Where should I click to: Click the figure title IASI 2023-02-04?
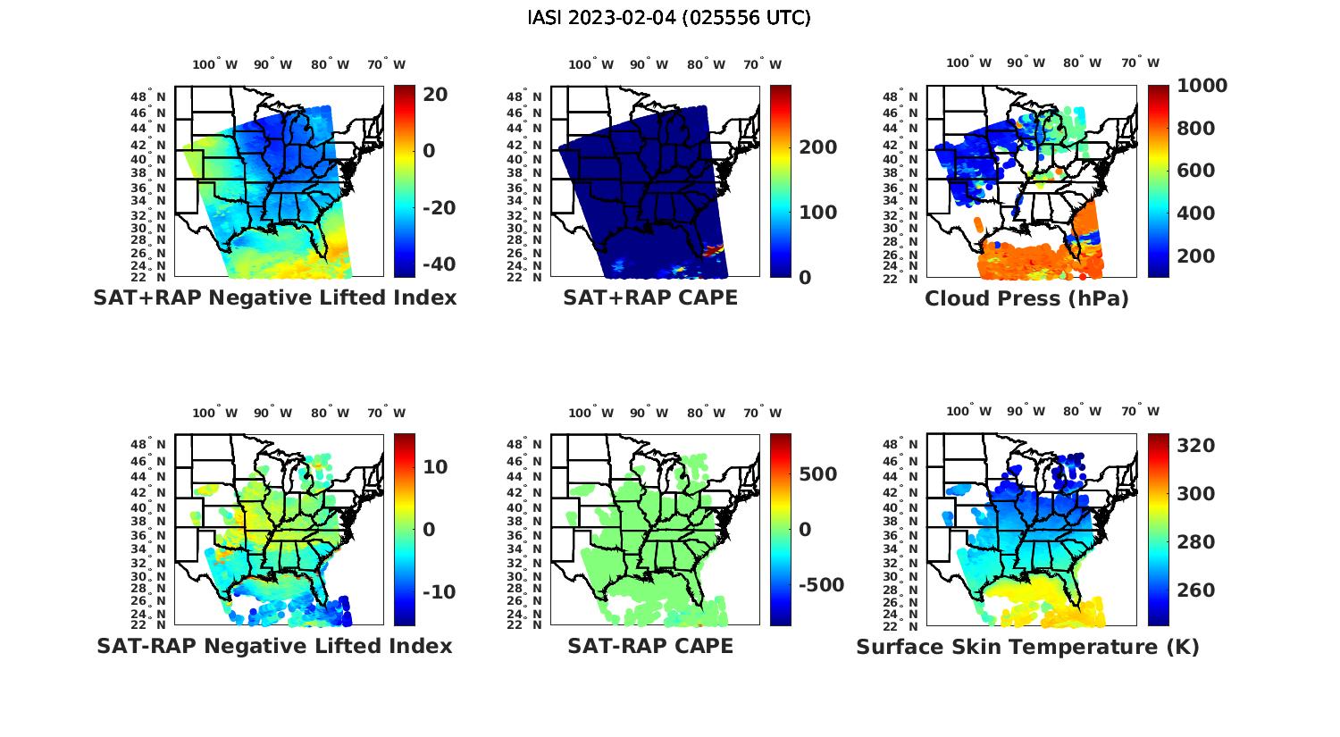coord(669,18)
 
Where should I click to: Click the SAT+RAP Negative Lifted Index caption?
coord(275,297)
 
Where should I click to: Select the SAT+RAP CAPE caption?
coord(650,297)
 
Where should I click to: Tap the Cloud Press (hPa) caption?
coord(1026,298)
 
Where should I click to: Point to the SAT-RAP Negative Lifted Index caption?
coord(274,646)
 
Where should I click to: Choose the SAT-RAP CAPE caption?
coord(650,646)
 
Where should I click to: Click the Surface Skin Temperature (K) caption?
coord(1027,647)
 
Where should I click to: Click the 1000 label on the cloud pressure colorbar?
coord(1202,86)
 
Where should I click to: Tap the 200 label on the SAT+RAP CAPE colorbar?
coord(817,147)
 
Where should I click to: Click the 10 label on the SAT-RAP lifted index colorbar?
coord(435,467)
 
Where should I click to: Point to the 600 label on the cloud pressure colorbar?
coord(1195,171)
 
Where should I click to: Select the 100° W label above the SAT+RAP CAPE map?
coord(590,64)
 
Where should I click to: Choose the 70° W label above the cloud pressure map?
coord(1141,63)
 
